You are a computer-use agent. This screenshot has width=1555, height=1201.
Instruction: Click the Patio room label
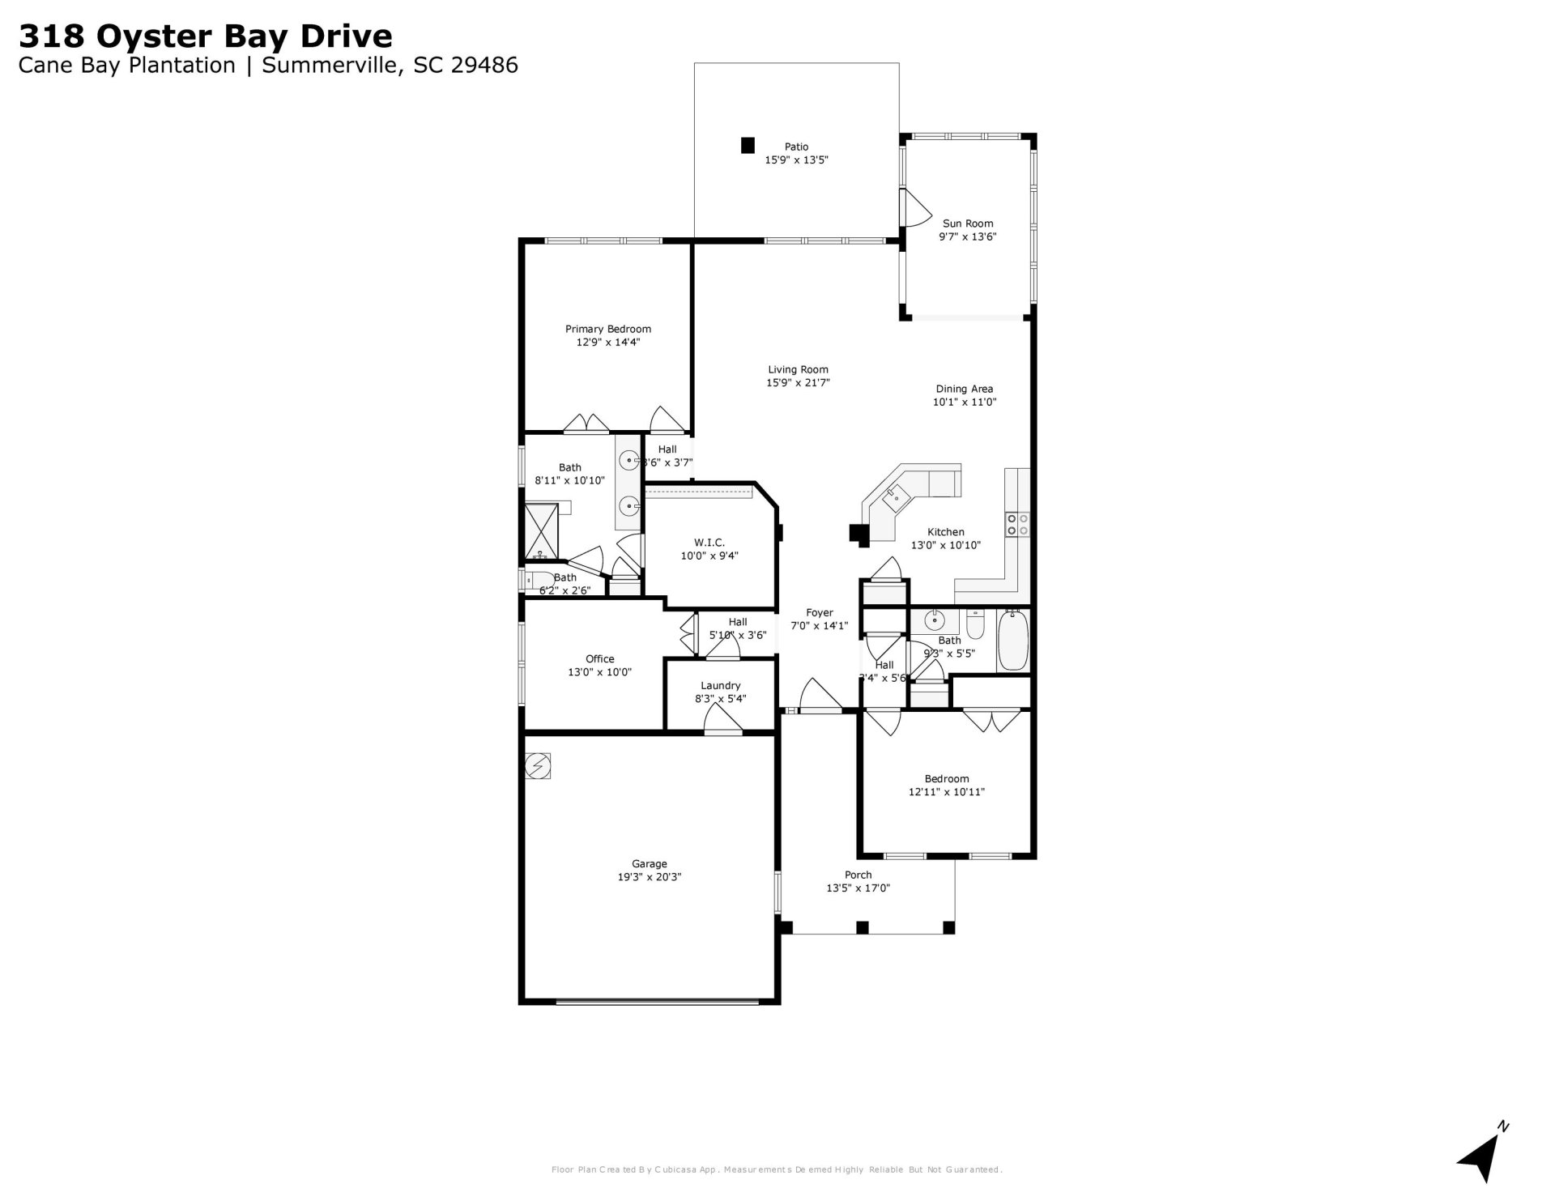coord(796,147)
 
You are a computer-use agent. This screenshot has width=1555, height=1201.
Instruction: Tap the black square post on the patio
coord(748,146)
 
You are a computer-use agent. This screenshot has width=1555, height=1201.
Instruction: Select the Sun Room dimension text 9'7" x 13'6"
coord(967,237)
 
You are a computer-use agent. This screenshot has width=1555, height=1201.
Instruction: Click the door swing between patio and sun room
coord(915,209)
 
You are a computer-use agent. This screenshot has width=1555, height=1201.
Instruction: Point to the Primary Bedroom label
coord(607,329)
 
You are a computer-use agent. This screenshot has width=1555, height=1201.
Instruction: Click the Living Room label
coord(798,369)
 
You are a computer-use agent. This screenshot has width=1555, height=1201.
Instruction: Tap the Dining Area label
coord(964,389)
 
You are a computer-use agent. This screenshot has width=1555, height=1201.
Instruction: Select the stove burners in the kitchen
coord(1017,525)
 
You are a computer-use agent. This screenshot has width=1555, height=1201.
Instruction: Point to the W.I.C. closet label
coord(709,543)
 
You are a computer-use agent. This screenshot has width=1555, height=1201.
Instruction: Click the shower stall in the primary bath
coord(541,531)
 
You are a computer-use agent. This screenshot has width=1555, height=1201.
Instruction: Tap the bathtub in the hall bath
coord(1012,641)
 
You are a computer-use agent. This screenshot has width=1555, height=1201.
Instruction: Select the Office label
coord(599,658)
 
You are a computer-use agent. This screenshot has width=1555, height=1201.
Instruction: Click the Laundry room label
coord(720,685)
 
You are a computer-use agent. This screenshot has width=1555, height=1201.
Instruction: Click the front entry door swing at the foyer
coord(820,696)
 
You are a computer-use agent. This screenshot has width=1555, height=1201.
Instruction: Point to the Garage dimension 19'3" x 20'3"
coord(649,877)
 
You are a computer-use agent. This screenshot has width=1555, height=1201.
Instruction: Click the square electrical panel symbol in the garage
coord(538,765)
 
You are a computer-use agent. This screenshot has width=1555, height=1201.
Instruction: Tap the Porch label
coord(858,875)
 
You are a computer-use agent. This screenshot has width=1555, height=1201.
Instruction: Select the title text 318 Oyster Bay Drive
coord(206,36)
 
